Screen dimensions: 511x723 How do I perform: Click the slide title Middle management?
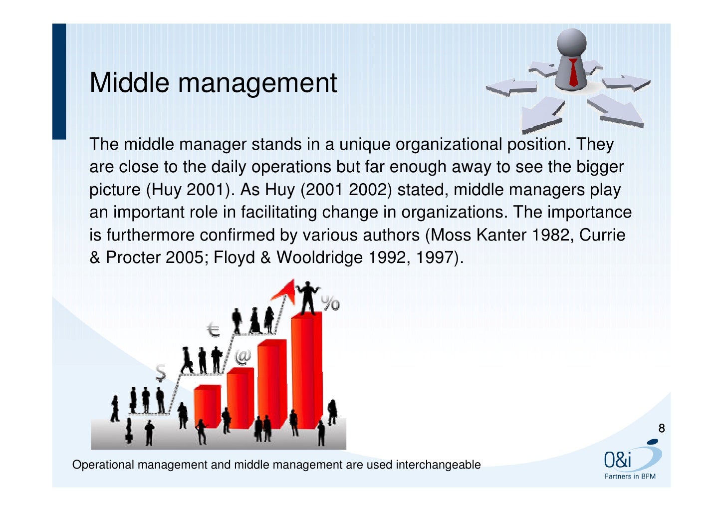(x=213, y=83)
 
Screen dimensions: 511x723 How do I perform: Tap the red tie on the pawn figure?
(x=573, y=72)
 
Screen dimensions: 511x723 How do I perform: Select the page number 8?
(x=662, y=428)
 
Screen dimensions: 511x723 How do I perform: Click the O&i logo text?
(x=618, y=460)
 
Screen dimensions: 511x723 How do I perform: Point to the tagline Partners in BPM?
(x=630, y=477)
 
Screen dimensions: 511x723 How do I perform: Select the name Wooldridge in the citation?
(x=319, y=257)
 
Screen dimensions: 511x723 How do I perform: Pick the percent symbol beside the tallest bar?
(x=330, y=303)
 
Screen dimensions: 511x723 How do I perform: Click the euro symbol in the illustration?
(x=214, y=330)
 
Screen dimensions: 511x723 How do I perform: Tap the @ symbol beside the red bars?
(x=243, y=356)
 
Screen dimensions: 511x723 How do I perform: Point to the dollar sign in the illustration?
(x=160, y=372)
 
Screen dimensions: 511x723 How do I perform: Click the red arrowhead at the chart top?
(x=285, y=289)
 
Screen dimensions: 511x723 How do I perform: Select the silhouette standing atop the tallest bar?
(x=308, y=298)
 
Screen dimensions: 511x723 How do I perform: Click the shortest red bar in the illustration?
(x=207, y=406)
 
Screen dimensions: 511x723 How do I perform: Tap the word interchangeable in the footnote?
(x=438, y=465)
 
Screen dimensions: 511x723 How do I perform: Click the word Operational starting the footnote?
(x=103, y=465)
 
